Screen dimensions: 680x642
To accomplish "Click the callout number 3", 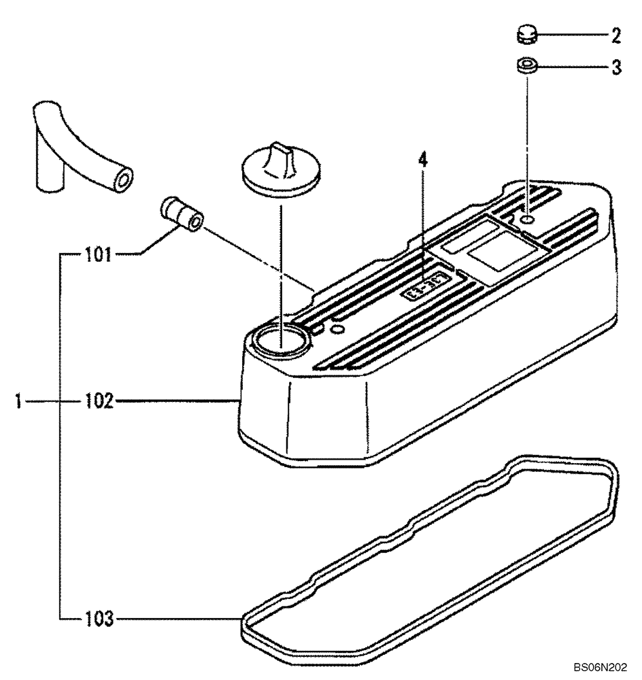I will (615, 68).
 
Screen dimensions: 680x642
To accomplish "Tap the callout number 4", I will (422, 160).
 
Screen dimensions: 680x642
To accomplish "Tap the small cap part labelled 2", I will (524, 32).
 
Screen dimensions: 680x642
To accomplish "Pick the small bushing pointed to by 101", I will (183, 216).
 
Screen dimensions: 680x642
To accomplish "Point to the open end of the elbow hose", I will (124, 182).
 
